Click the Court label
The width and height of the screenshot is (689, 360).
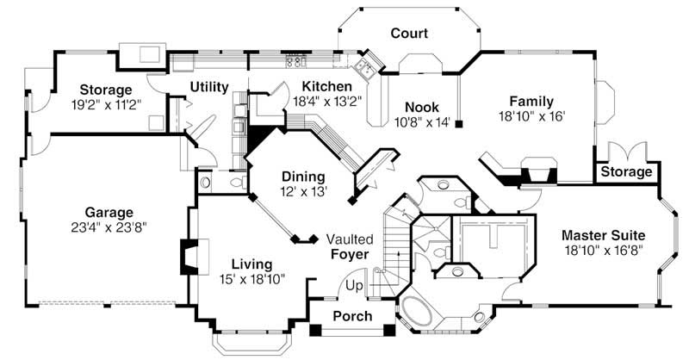point(409,34)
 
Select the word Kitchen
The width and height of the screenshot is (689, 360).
point(326,86)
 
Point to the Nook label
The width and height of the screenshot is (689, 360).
point(423,107)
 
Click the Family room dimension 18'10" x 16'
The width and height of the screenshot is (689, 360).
point(531,115)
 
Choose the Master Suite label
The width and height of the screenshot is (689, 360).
point(603,234)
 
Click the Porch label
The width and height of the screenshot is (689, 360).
point(352,316)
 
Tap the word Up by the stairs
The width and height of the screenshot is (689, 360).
point(354,285)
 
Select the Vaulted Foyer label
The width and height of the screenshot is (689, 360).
point(349,246)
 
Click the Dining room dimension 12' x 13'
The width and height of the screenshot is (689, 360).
point(303,192)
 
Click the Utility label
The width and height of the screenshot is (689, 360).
point(208,87)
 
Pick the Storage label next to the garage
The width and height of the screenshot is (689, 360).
point(106,90)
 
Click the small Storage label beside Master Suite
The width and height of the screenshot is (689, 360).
point(626,172)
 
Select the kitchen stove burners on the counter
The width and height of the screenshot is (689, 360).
point(295,61)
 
